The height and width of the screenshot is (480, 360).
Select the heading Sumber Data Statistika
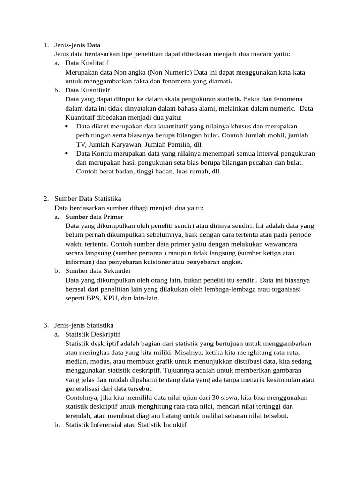[88, 199]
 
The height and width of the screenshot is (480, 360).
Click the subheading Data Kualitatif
[87, 63]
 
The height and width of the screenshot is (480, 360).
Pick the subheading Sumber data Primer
[94, 217]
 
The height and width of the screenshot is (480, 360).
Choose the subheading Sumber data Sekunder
[98, 271]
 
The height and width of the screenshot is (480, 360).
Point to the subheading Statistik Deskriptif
[93, 334]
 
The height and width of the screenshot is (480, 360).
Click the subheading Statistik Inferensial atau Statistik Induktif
[126, 425]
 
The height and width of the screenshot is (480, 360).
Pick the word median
[76, 361]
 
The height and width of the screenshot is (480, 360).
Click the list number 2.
[45, 199]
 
